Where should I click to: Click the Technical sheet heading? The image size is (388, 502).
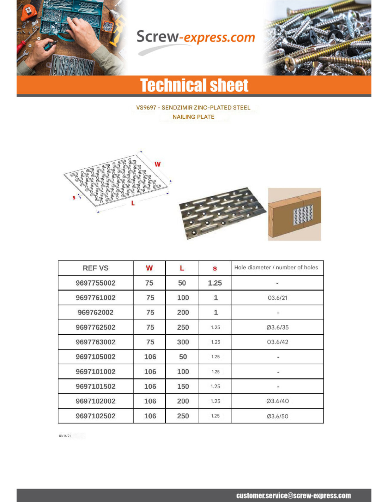194,85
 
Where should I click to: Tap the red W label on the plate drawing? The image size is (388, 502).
157,164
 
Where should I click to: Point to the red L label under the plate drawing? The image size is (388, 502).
133,203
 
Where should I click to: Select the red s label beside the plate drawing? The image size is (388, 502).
74,197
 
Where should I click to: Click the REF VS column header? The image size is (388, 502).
96,268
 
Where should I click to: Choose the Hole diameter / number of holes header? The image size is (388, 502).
276,268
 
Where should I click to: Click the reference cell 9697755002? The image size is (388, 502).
96,283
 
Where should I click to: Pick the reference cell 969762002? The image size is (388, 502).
96,312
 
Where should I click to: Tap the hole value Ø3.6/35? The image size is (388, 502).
278,327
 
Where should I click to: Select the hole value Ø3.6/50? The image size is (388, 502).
278,416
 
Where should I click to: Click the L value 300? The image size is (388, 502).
183,342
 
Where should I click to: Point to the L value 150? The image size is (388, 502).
183,387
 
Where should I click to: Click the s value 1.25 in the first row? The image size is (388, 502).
215,283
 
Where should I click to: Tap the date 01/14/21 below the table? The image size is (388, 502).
65,436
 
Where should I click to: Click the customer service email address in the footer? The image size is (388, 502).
293,496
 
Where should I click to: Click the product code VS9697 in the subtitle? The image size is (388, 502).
146,108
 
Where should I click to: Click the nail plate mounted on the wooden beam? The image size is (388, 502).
303,214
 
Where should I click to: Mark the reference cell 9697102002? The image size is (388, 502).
96,401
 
